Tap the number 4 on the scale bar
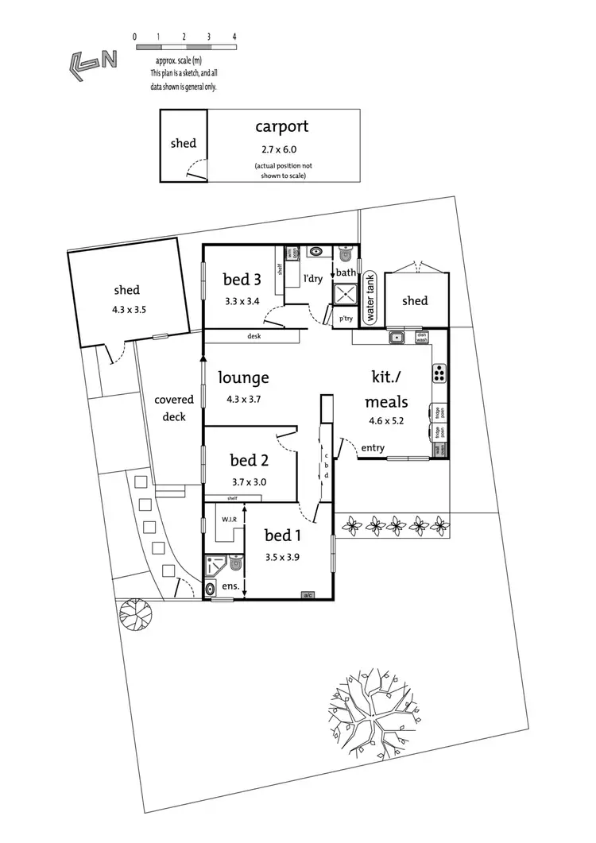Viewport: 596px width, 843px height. click(234, 37)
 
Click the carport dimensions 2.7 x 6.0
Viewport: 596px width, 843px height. click(281, 149)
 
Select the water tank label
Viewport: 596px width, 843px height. click(370, 297)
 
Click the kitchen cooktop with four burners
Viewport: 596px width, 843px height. click(439, 372)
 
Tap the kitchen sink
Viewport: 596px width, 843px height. click(396, 338)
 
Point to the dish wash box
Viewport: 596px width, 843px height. click(422, 337)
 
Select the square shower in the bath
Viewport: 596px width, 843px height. click(346, 295)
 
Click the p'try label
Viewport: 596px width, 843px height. click(346, 319)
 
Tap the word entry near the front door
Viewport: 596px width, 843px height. click(373, 448)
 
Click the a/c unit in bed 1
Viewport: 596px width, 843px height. click(307, 594)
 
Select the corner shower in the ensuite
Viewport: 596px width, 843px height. click(215, 565)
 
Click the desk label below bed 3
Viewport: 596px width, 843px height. click(254, 336)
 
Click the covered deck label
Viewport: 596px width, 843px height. click(174, 408)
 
